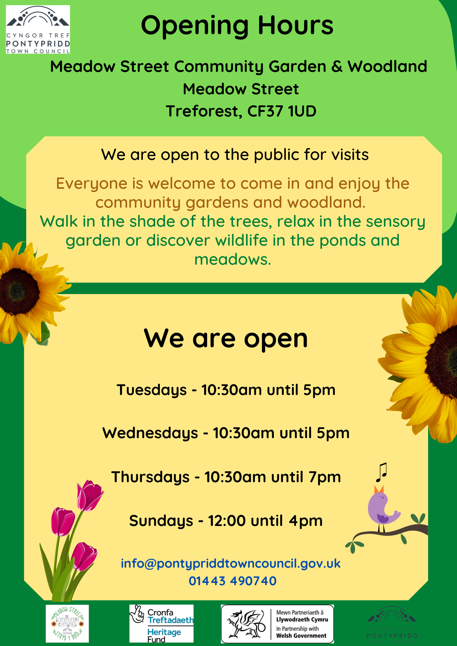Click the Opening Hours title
pos(237,26)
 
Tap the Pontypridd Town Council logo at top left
pos(38,29)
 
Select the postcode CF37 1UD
pos(282,111)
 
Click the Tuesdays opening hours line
pos(226,390)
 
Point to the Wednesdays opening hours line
pos(226,433)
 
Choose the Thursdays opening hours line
pos(226,477)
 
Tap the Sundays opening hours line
pos(226,521)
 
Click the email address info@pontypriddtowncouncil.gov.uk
pos(230,563)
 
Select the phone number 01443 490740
pos(232,581)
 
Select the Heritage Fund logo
pos(161,623)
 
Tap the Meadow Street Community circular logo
pos(67,623)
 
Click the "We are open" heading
pos(226,339)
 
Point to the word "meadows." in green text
pos(233,260)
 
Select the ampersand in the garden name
pos(337,67)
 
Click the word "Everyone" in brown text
pos(92,184)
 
